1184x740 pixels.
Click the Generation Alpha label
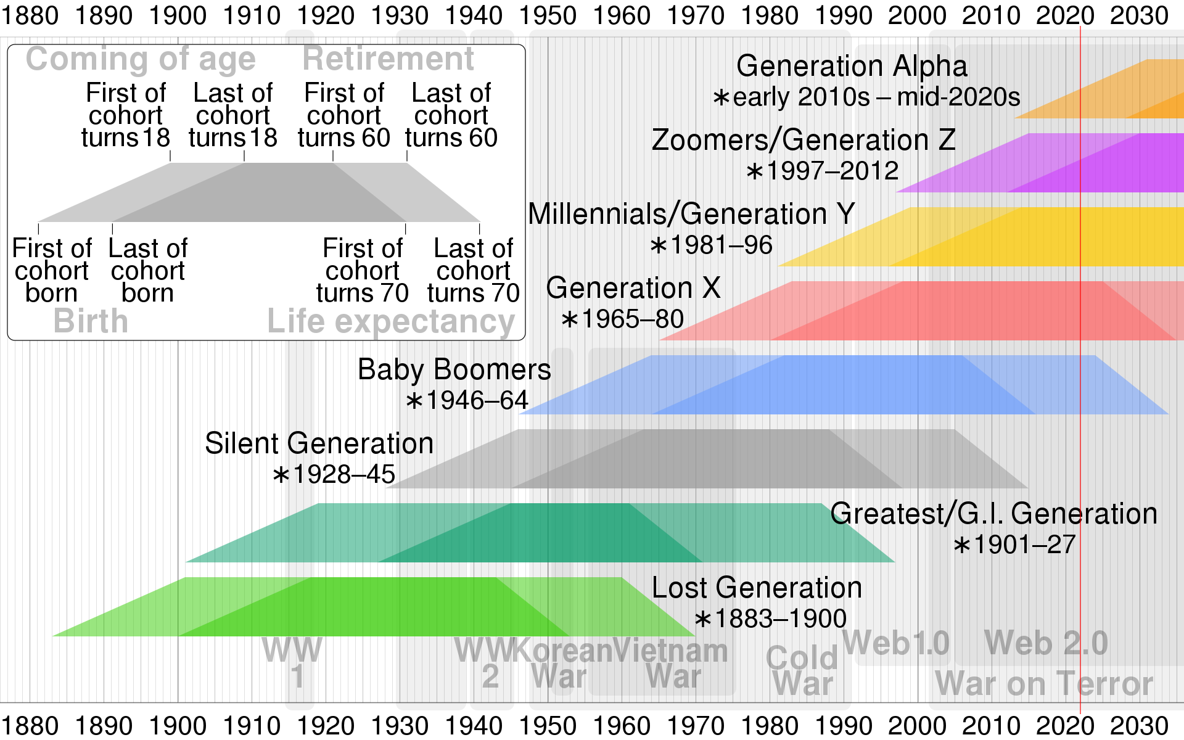click(x=852, y=66)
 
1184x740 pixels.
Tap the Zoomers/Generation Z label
click(x=803, y=140)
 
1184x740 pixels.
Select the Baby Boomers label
click(x=454, y=369)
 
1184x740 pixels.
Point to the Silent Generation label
click(x=319, y=443)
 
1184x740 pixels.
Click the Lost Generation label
click(x=757, y=588)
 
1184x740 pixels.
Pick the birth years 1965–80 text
click(x=623, y=319)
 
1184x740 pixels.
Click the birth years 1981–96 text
click(x=712, y=245)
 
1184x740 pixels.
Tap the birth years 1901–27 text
click(x=1015, y=545)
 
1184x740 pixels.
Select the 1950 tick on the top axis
click(x=548, y=15)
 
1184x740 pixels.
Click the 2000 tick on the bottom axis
click(x=917, y=726)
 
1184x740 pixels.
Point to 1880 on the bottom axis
click(x=30, y=726)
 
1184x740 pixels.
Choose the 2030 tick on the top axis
click(x=1139, y=15)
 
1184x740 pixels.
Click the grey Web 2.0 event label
click(x=1046, y=643)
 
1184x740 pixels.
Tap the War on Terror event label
click(x=1043, y=683)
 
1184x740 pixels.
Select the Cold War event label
click(x=802, y=671)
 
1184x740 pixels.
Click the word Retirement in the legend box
click(x=388, y=59)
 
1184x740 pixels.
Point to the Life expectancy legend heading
click(x=390, y=321)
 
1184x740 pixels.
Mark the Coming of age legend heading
click(x=141, y=59)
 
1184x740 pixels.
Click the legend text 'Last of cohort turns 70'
click(x=473, y=271)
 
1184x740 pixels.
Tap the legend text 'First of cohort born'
click(x=52, y=271)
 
